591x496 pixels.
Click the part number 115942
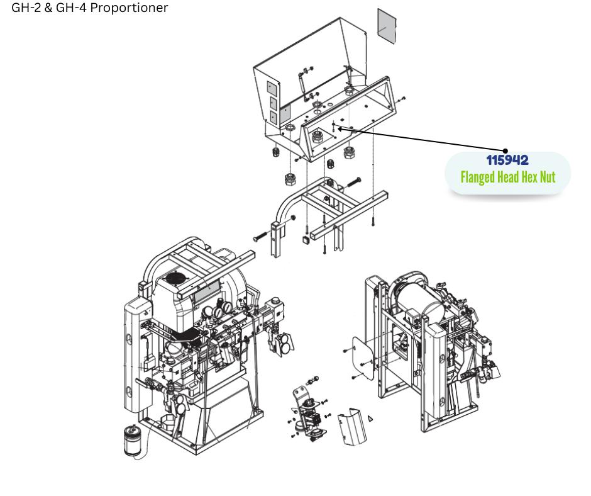[x=507, y=160]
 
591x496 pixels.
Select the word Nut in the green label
[x=549, y=177]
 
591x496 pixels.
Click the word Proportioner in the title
[x=130, y=8]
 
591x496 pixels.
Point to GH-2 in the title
[x=26, y=8]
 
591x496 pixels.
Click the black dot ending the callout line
[x=505, y=151]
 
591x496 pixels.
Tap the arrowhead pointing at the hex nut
[x=340, y=128]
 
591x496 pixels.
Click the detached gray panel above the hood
[x=387, y=26]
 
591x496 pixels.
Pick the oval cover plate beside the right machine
[x=363, y=358]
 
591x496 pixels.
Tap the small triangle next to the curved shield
[x=370, y=418]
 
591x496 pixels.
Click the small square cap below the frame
[x=306, y=240]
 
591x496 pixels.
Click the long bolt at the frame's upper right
[x=353, y=183]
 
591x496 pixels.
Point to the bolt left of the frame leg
[x=260, y=237]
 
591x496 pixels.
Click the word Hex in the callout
[x=531, y=177]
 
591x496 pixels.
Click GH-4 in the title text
[x=71, y=8]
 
